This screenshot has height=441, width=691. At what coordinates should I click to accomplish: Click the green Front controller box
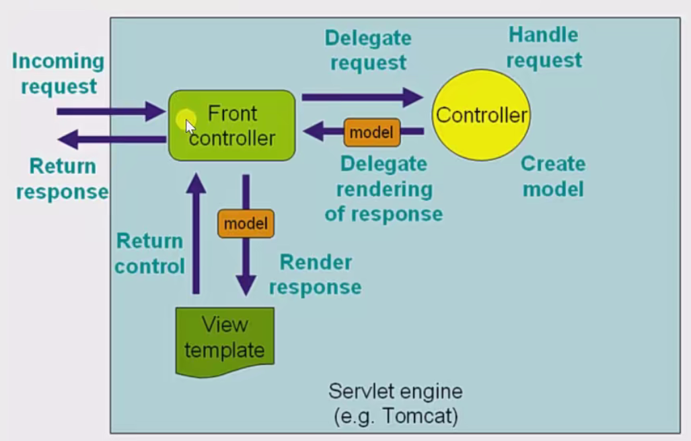232,126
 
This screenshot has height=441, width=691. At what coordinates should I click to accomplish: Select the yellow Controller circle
481,115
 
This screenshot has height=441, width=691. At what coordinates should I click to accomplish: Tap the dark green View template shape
225,338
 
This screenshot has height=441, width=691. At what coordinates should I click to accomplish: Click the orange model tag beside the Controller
371,133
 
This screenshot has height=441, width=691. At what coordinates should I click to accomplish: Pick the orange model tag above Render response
246,224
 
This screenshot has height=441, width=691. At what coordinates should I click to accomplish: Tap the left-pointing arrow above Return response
112,139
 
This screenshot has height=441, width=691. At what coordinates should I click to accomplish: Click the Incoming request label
58,73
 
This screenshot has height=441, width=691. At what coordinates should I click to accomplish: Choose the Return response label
62,179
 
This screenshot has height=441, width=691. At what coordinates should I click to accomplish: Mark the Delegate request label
368,50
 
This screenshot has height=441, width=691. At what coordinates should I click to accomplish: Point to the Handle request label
544,47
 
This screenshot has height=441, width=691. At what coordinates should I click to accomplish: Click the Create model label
553,176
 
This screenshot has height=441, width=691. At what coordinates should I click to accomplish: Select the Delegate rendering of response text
384,189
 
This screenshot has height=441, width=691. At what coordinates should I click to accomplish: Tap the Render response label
315,275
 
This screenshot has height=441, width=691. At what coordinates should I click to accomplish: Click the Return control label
149,253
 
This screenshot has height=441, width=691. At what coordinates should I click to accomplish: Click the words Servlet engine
395,391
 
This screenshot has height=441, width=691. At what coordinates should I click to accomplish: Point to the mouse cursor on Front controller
190,126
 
